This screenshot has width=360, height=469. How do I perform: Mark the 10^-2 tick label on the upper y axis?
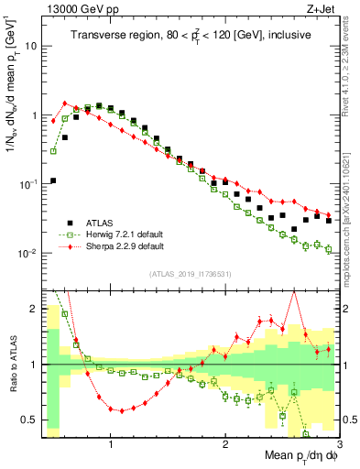point(27,253)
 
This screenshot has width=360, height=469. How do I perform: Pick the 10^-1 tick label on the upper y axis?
point(27,184)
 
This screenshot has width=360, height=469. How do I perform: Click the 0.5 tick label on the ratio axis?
point(30,420)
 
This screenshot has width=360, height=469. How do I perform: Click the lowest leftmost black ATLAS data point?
point(53,180)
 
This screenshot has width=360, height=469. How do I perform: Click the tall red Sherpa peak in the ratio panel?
point(294,292)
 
